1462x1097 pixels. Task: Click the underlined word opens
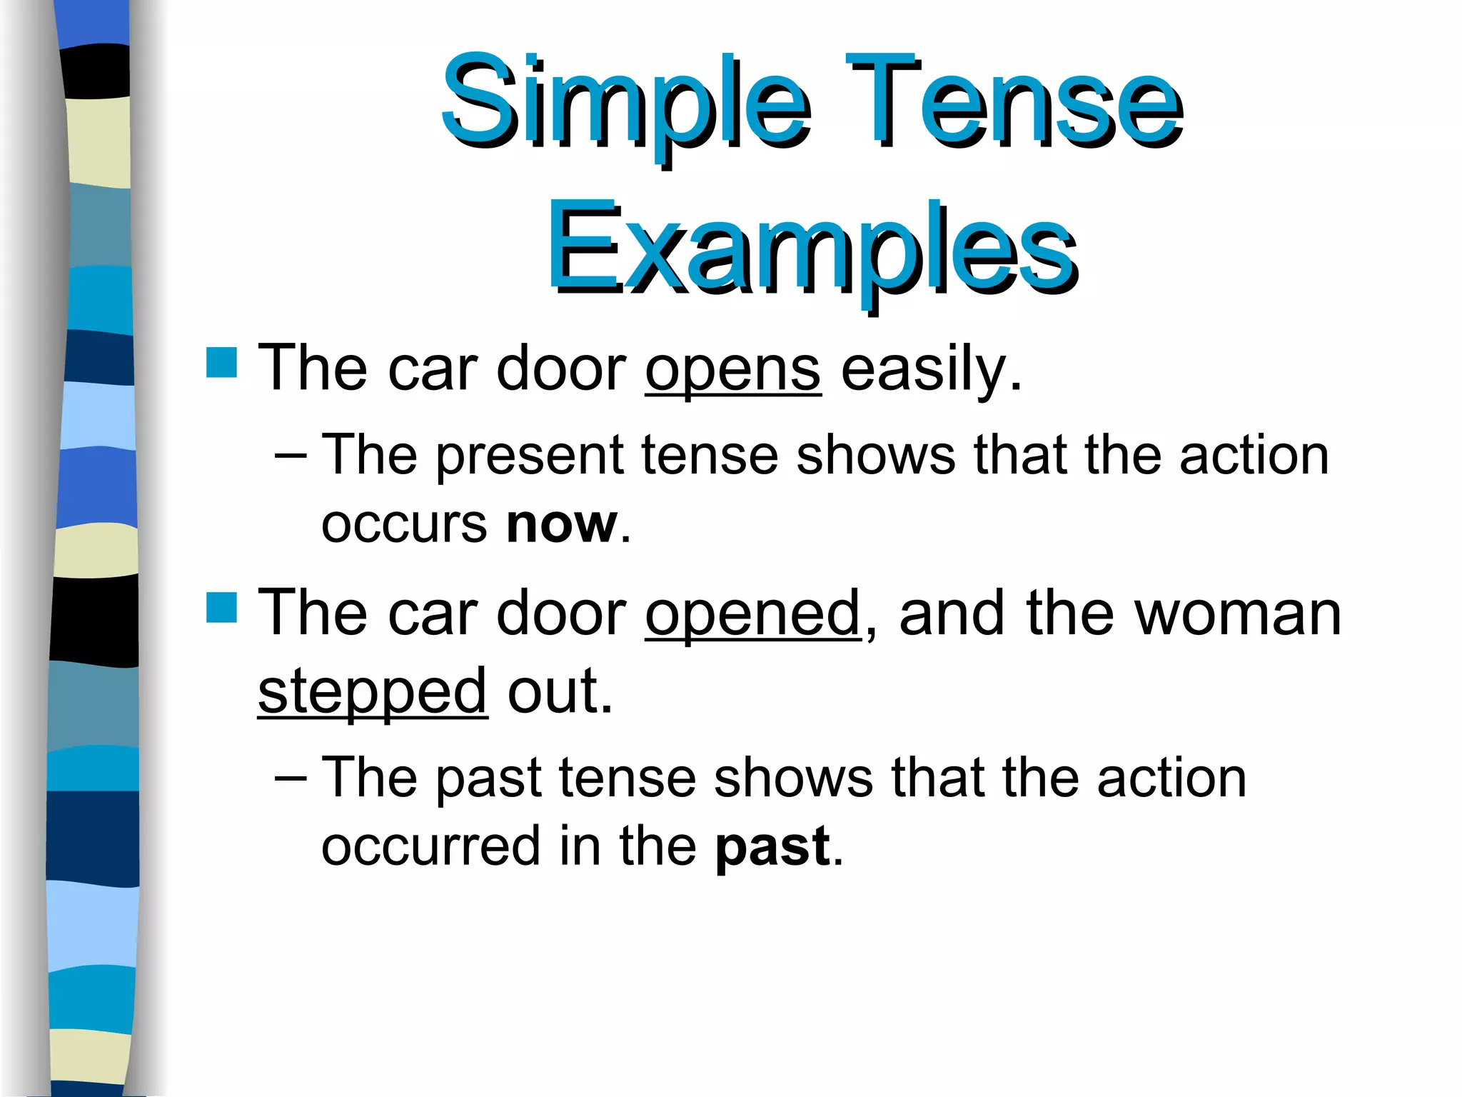point(733,370)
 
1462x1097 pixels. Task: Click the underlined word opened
point(753,614)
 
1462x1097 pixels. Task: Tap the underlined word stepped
point(373,691)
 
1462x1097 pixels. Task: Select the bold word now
point(561,525)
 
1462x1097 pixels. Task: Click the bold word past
point(772,847)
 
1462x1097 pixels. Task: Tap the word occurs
point(404,525)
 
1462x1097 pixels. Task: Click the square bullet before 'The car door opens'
point(221,362)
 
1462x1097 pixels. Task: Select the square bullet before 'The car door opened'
point(221,607)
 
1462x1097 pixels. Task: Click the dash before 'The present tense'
point(291,456)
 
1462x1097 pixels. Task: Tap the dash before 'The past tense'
point(291,778)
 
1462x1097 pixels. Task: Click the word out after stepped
point(560,691)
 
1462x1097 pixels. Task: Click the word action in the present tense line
point(1254,456)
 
